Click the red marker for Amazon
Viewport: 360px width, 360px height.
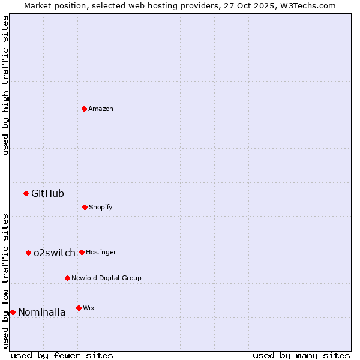[84, 109]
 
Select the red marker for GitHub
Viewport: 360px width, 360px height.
[26, 193]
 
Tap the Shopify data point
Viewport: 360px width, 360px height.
[85, 207]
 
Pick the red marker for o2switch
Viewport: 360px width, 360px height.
[28, 253]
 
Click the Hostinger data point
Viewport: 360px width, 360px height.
[82, 252]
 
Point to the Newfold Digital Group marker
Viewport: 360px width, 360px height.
[67, 278]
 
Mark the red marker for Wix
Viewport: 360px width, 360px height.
[79, 308]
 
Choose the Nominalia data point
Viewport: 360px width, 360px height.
[13, 312]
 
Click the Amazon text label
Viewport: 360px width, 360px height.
[101, 109]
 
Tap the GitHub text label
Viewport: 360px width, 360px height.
[47, 193]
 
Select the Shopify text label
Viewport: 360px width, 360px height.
[101, 207]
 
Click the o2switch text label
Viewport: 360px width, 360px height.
[55, 253]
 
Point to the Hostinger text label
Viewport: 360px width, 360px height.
[101, 252]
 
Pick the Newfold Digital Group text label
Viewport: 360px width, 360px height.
[106, 278]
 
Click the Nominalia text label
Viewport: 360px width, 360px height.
[42, 312]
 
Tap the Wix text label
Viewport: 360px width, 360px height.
[89, 308]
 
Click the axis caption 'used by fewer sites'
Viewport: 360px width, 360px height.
[62, 355]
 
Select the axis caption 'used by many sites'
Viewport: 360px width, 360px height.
[301, 355]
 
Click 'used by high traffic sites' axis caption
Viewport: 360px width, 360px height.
[5, 86]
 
